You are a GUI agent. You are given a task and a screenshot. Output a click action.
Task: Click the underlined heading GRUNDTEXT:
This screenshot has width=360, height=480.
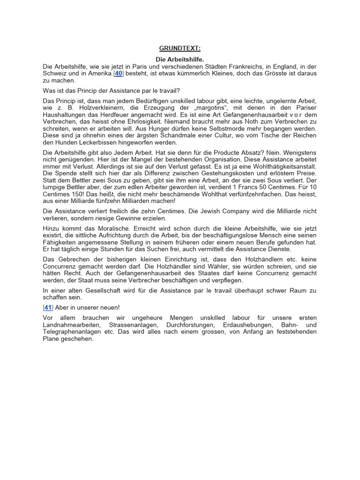point(180,48)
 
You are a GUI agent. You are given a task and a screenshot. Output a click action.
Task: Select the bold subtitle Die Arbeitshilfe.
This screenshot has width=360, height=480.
point(180,60)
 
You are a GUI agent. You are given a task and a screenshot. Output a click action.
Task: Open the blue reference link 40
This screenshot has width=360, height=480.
point(119,74)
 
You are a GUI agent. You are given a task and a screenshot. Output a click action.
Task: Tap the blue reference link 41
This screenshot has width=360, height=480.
point(47,307)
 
